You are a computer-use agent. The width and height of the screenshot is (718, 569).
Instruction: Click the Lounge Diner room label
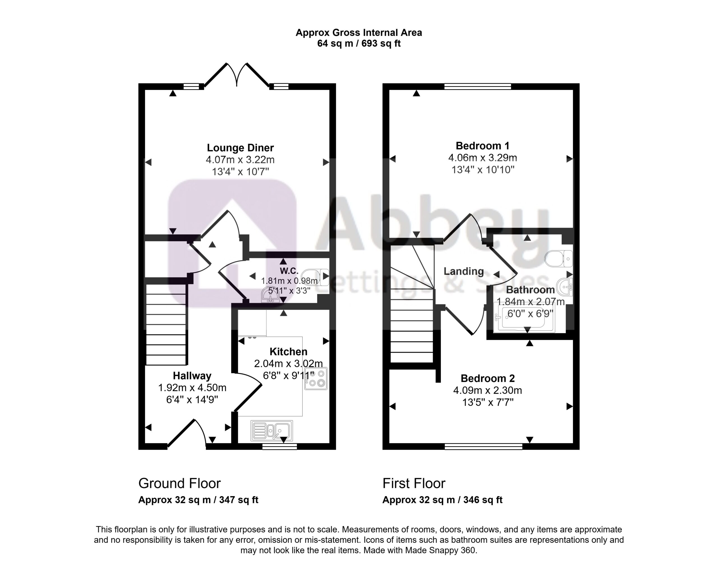(x=240, y=148)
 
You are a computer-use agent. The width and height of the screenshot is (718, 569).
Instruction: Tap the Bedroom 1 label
(x=483, y=146)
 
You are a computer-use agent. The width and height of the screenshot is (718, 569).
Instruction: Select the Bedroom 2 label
(x=487, y=378)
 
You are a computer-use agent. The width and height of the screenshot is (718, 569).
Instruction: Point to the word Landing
(x=464, y=271)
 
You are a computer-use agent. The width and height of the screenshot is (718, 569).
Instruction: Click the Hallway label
(x=192, y=376)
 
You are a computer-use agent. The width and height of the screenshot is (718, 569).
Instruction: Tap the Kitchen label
(x=288, y=351)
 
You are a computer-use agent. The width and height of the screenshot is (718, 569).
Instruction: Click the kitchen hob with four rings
(x=316, y=379)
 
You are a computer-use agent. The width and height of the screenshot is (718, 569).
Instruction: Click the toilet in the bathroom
(x=558, y=258)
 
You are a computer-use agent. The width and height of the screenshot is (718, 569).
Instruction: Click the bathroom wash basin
(x=566, y=287)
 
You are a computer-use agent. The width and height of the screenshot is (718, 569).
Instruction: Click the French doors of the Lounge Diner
(x=237, y=75)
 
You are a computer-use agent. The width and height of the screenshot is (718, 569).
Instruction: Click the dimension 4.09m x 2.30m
(x=487, y=390)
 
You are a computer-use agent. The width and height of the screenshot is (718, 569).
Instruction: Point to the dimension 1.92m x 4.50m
(x=192, y=388)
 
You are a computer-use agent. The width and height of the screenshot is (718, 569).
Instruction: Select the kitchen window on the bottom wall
(x=279, y=446)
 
